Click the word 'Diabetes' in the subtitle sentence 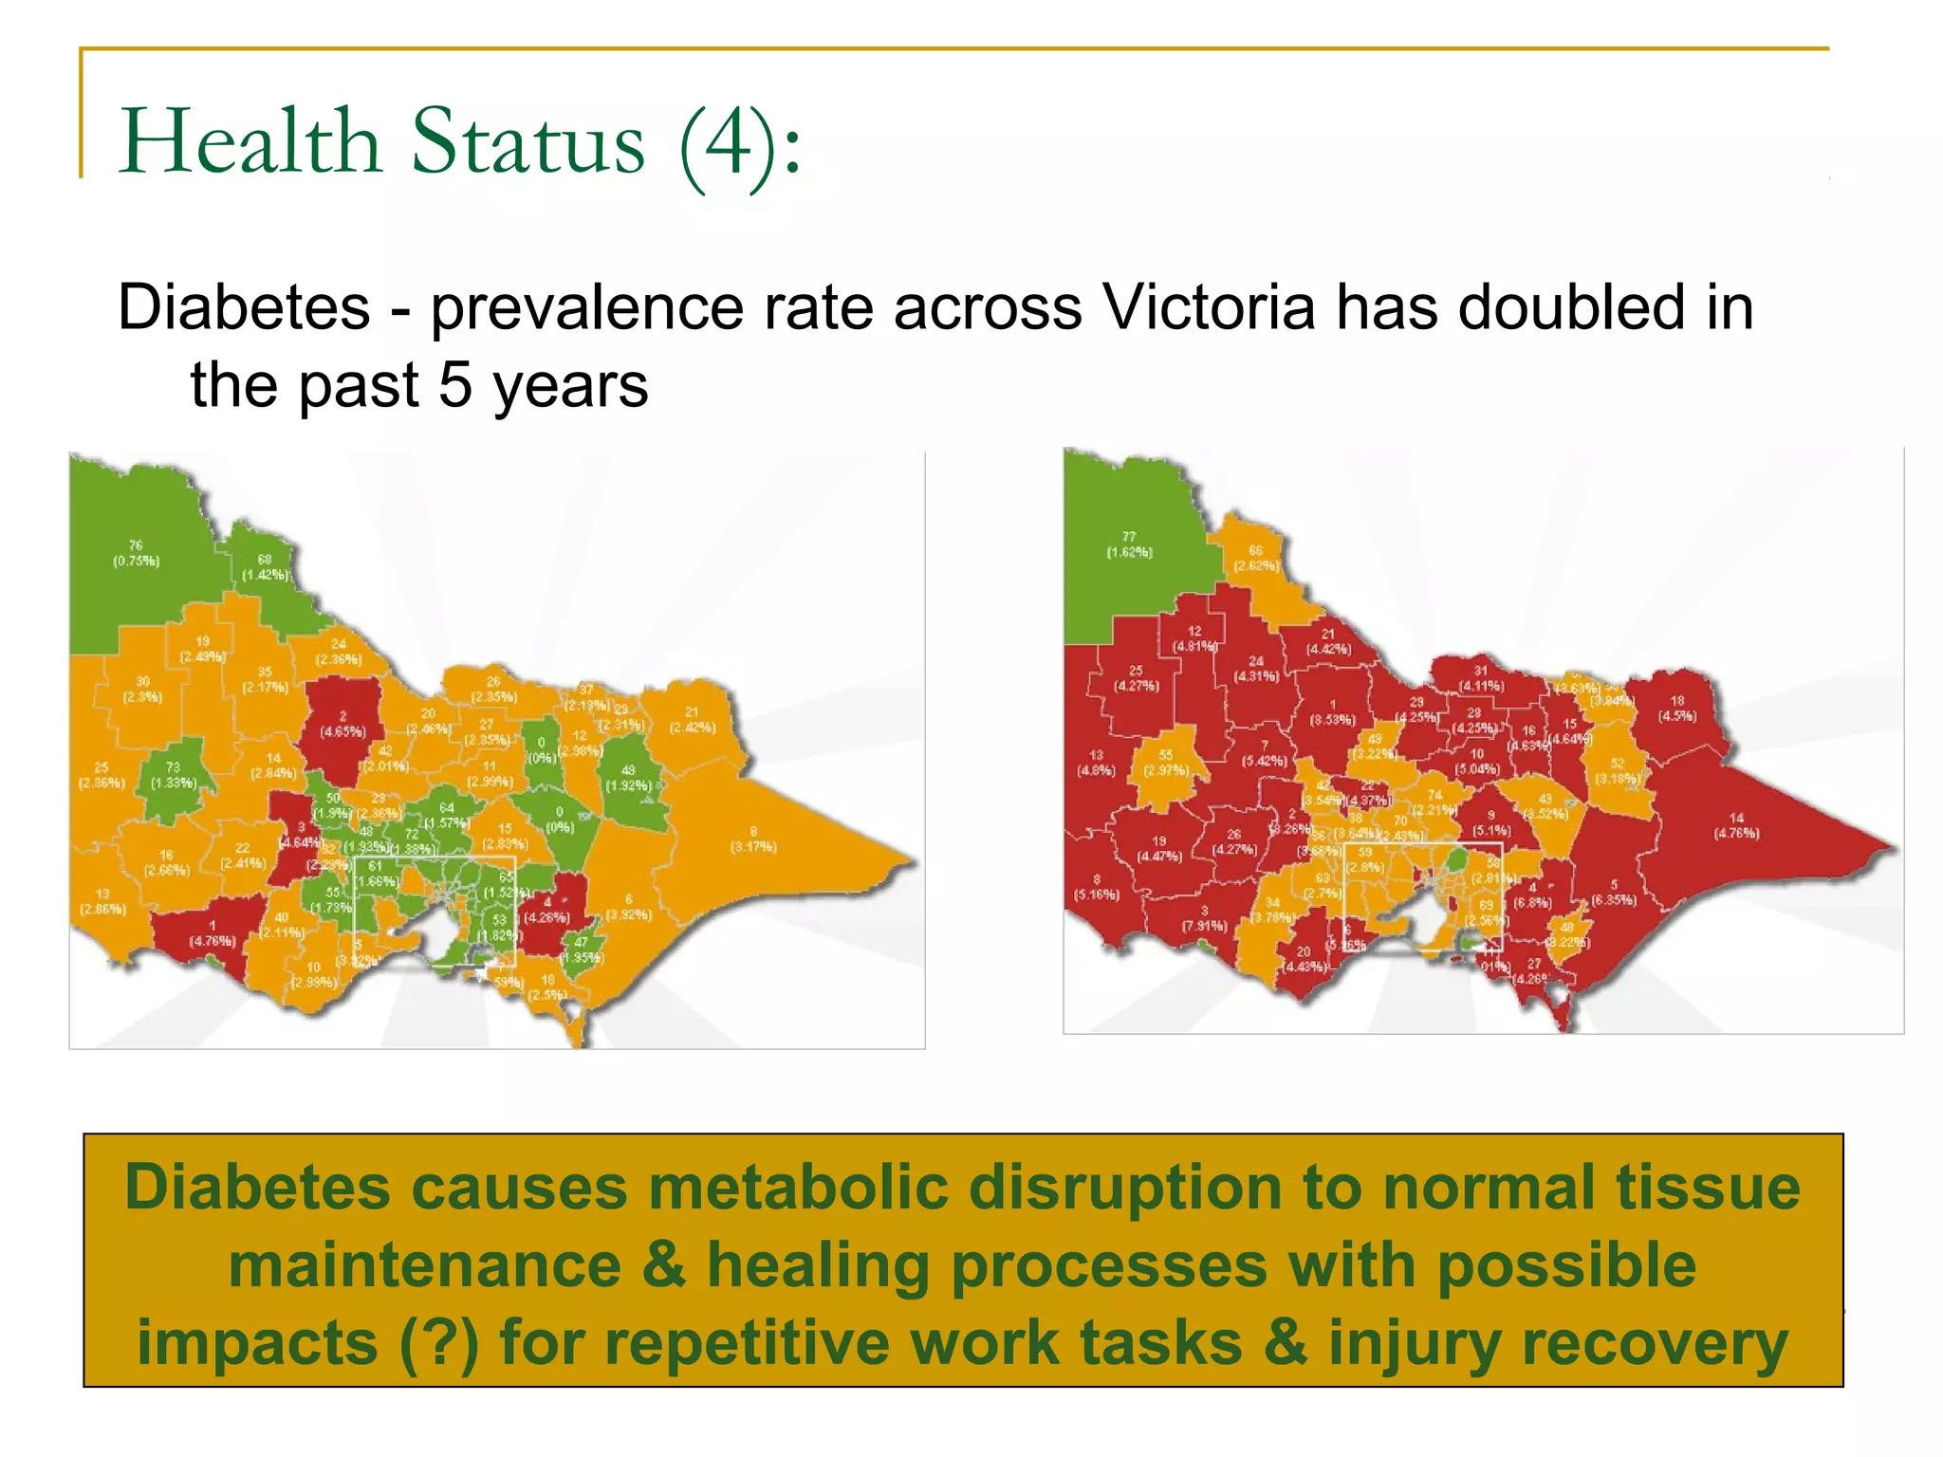(x=243, y=308)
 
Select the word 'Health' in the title (x=249, y=142)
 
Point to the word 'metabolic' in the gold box (x=798, y=1188)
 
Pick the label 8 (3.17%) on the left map (x=753, y=839)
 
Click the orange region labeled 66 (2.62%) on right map (x=1256, y=560)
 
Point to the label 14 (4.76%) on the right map (x=1736, y=825)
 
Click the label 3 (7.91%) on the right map (x=1204, y=918)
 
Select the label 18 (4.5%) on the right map (x=1676, y=709)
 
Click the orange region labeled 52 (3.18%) (x=1617, y=770)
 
